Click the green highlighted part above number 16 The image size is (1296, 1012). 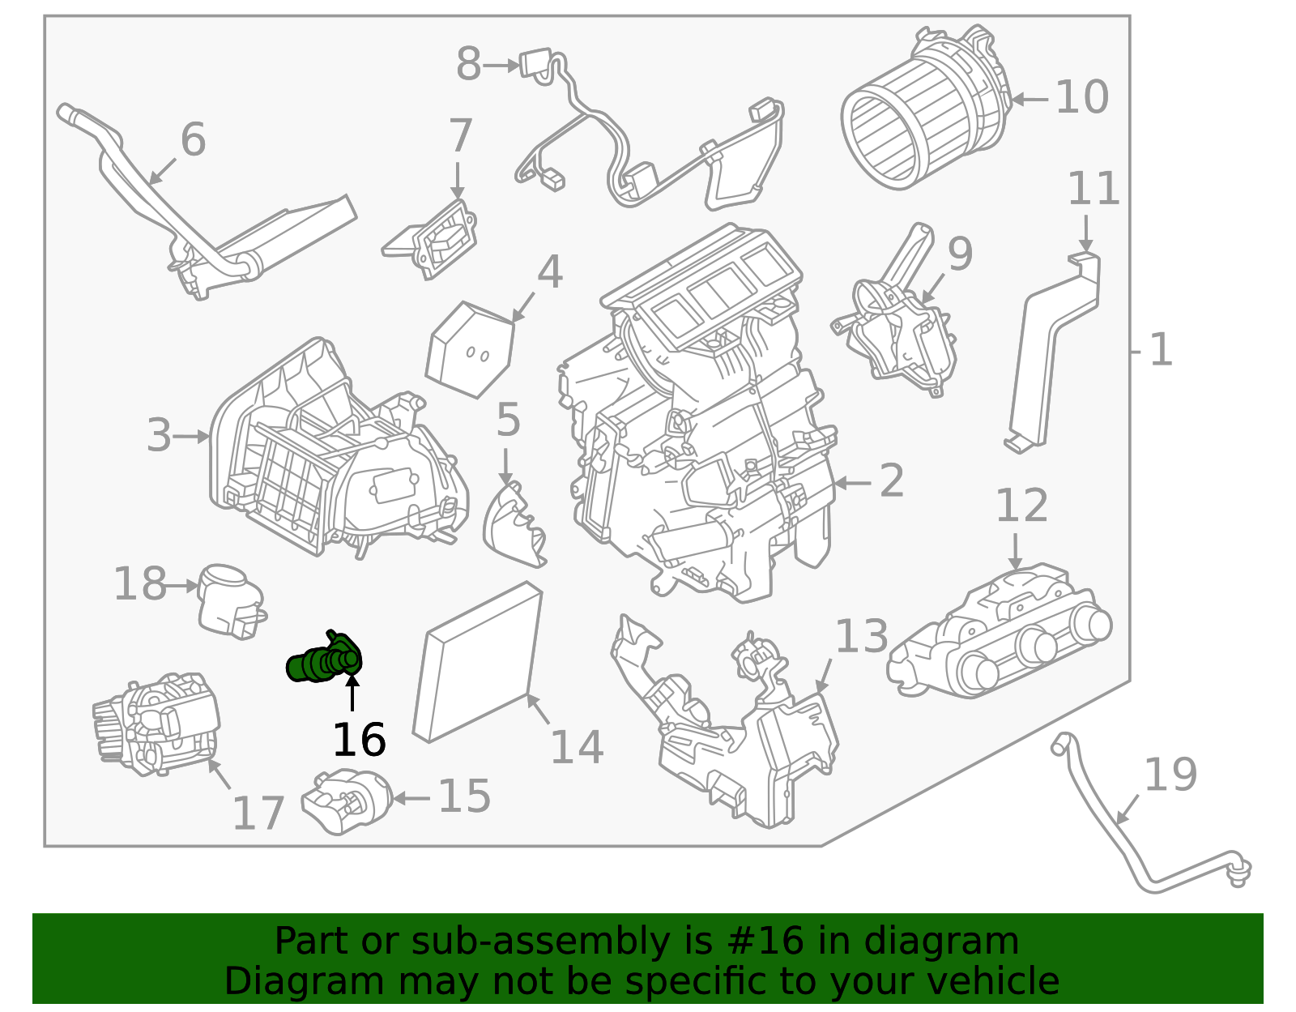click(x=324, y=661)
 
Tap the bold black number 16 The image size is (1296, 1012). click(x=359, y=740)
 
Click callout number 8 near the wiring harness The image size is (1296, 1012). click(x=468, y=64)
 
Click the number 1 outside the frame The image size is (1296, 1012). click(x=1161, y=350)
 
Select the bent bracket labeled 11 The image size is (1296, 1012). click(x=1053, y=348)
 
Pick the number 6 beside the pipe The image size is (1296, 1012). click(x=193, y=139)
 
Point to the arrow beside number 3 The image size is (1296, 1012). click(x=192, y=437)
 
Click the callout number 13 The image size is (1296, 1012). click(x=861, y=636)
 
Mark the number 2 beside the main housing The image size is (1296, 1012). click(x=891, y=481)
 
